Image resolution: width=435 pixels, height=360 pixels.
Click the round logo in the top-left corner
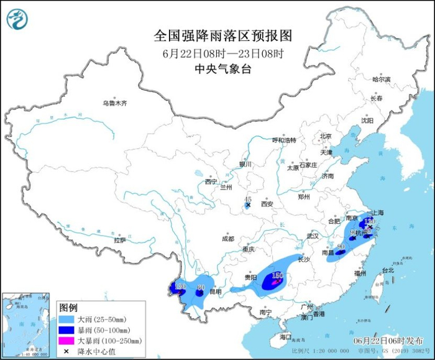tap(17, 19)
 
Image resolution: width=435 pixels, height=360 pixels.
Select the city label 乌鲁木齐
tap(114, 103)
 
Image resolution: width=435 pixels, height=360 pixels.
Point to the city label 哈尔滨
tap(381, 80)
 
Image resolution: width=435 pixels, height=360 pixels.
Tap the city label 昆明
tap(215, 291)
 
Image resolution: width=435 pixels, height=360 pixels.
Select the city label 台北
tap(387, 270)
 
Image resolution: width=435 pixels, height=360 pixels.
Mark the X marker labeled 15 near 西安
tap(248, 205)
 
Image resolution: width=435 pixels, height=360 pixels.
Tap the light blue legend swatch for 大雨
tap(67, 319)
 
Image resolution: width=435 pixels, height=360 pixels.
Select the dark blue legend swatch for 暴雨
tap(67, 330)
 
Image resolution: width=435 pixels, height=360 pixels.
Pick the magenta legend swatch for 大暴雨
tap(67, 341)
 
